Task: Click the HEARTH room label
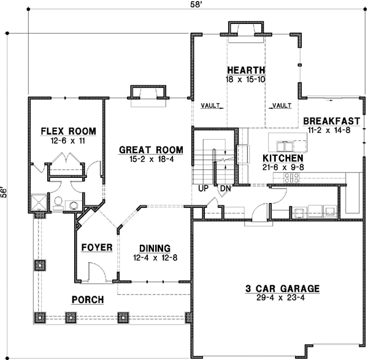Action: (245, 70)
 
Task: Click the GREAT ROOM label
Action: (150, 149)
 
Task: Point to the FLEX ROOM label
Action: (68, 131)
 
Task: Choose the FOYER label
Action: (97, 248)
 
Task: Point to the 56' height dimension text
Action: (6, 193)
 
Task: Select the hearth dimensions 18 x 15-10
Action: (245, 79)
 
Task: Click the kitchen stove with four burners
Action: (291, 178)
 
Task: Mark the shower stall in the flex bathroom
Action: (40, 202)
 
